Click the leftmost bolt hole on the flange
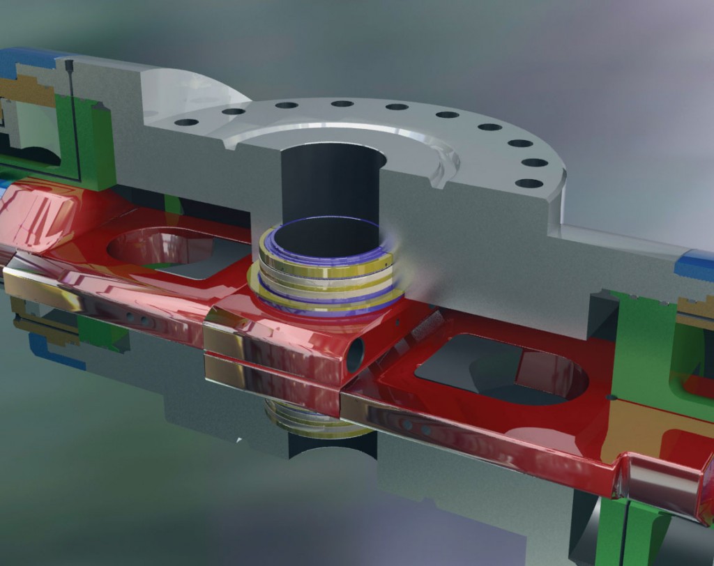pyautogui.click(x=186, y=122)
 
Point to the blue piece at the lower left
pyautogui.click(x=56, y=349)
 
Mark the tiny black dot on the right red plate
pyautogui.click(x=612, y=397)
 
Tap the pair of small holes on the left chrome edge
pyautogui.click(x=139, y=321)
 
